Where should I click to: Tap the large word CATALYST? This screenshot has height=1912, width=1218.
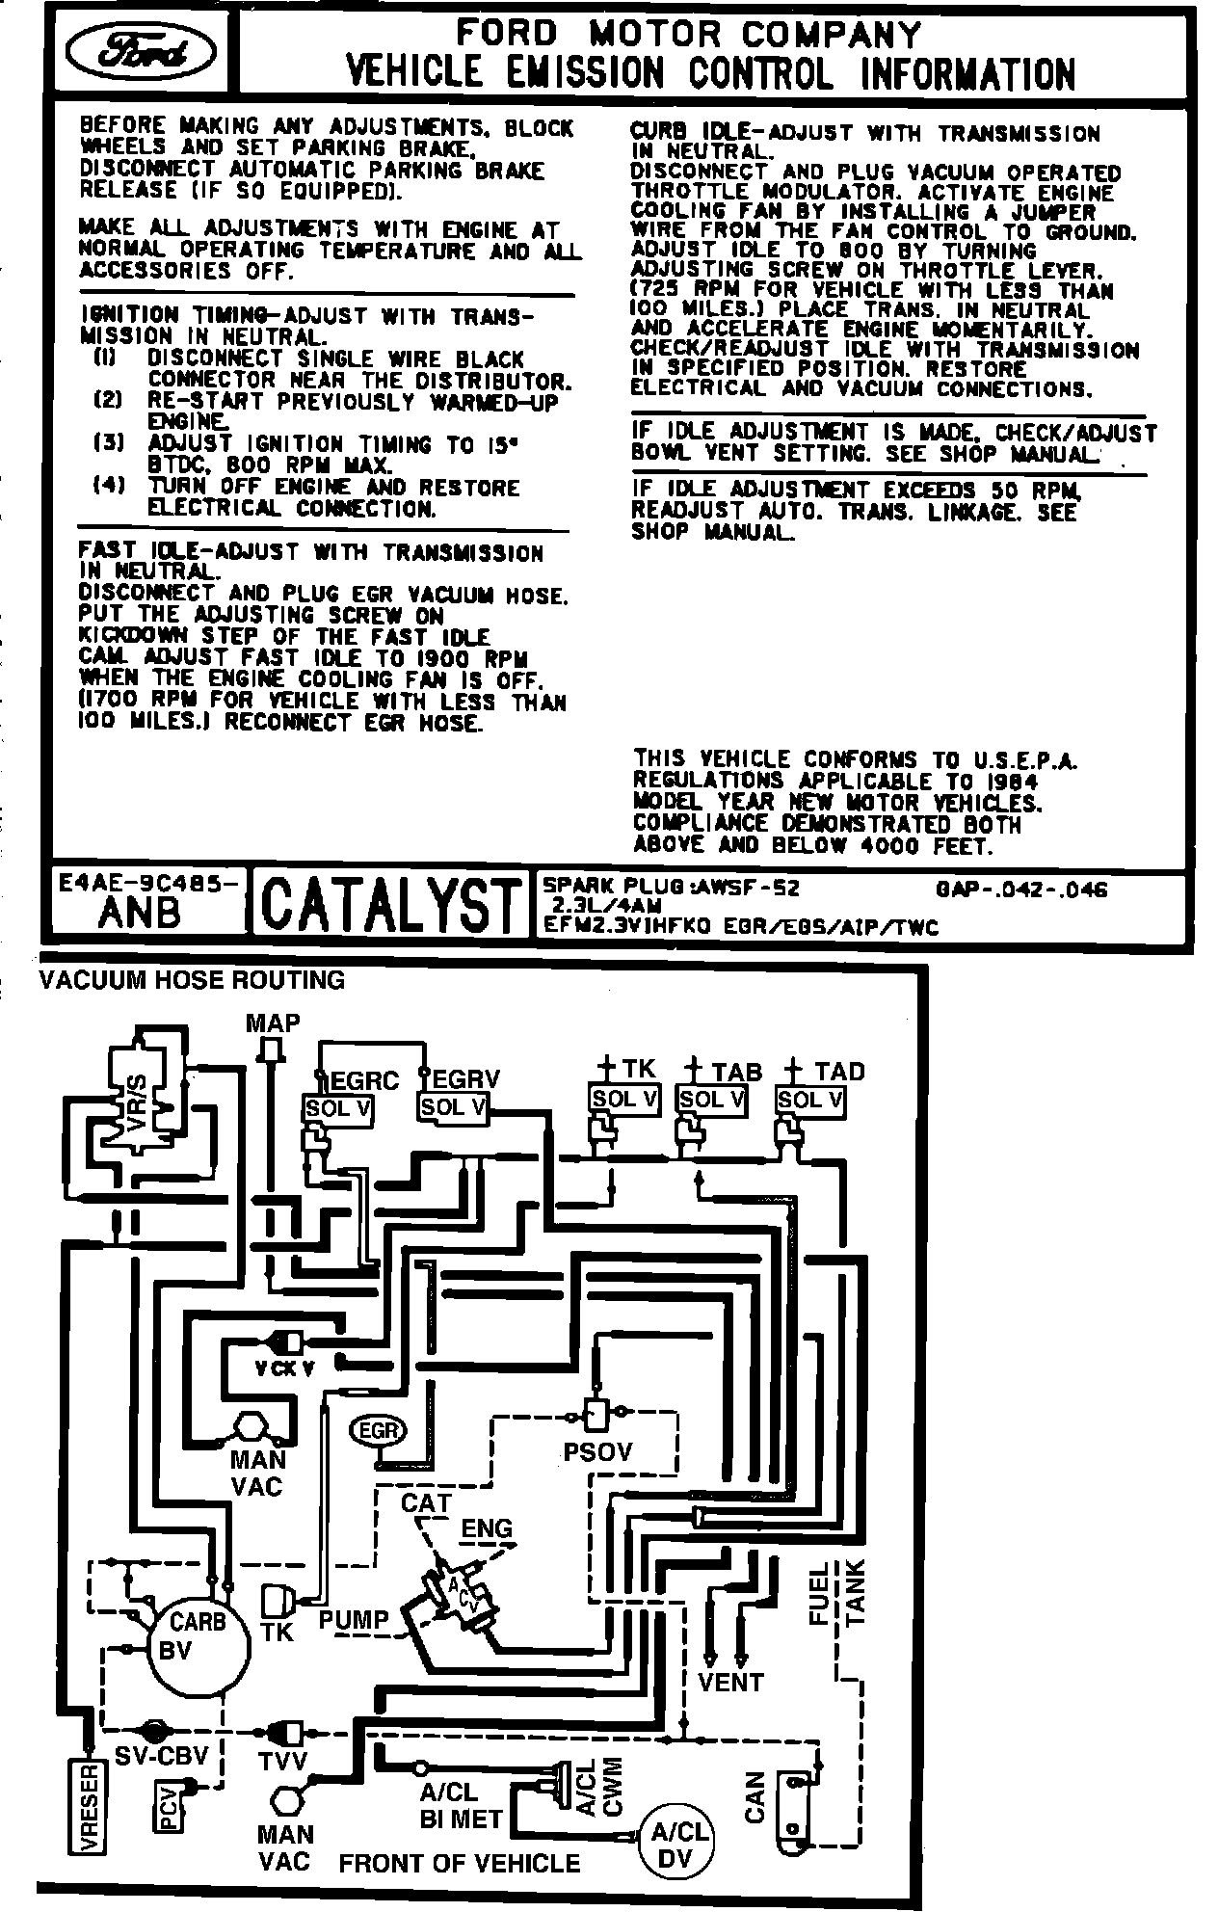point(389,903)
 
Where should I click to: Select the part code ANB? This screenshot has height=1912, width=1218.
point(139,913)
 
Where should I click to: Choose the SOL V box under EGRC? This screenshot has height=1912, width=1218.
point(338,1108)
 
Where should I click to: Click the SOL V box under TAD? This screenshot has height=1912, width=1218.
point(810,1099)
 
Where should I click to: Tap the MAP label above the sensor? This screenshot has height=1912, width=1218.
point(273,1022)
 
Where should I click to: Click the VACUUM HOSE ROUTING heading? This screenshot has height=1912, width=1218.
point(191,980)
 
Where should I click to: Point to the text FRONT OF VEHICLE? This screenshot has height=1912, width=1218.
point(460,1863)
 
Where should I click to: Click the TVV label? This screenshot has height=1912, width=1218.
point(282,1761)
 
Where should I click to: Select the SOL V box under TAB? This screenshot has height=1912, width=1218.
point(712,1099)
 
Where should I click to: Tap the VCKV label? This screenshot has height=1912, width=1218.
point(284,1368)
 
